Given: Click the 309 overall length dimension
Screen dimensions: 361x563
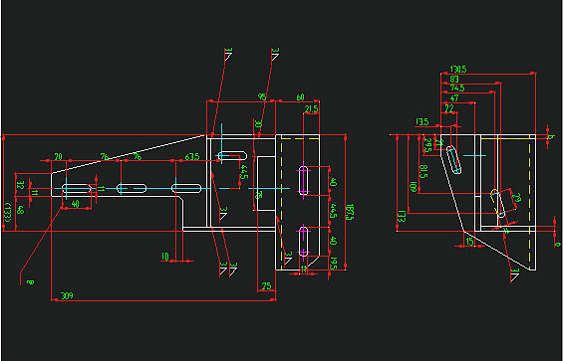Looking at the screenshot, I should (x=67, y=296).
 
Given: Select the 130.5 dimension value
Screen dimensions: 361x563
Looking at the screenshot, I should (x=459, y=70).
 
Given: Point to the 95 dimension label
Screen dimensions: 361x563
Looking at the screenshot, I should (x=262, y=96).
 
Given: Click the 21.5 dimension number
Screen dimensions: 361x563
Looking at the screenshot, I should (x=311, y=109).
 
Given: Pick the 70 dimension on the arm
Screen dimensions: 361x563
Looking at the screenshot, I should (x=59, y=157).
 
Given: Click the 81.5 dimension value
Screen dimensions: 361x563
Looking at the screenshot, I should (x=422, y=173).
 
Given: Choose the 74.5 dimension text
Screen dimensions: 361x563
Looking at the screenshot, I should (x=457, y=89).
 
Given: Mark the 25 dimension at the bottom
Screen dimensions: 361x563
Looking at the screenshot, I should (x=266, y=286).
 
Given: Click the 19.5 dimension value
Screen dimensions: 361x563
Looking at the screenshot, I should (x=333, y=263).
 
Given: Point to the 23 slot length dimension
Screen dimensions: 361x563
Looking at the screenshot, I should (x=517, y=199).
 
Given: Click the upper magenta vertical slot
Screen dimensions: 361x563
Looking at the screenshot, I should (x=302, y=180).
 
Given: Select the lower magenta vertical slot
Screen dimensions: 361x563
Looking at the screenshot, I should (x=302, y=240).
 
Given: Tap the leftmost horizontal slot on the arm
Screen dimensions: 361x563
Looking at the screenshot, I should (x=77, y=188).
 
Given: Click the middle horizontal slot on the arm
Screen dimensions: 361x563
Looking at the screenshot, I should (x=132, y=188).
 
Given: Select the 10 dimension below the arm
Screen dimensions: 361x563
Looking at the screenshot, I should (x=165, y=257).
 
